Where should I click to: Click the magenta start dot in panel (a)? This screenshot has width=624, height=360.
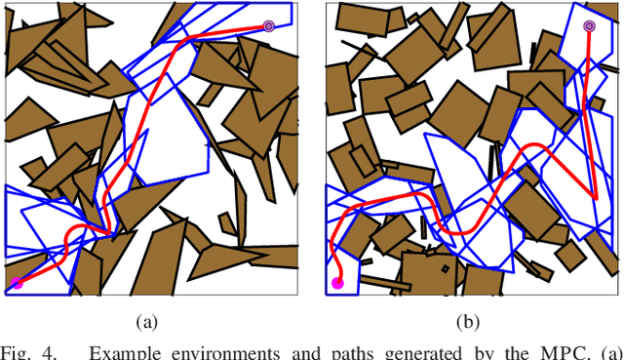[17, 283]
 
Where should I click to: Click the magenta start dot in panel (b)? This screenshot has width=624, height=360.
[337, 283]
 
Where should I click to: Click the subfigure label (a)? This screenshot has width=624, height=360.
[146, 321]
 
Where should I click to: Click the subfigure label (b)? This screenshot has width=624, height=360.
[467, 321]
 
